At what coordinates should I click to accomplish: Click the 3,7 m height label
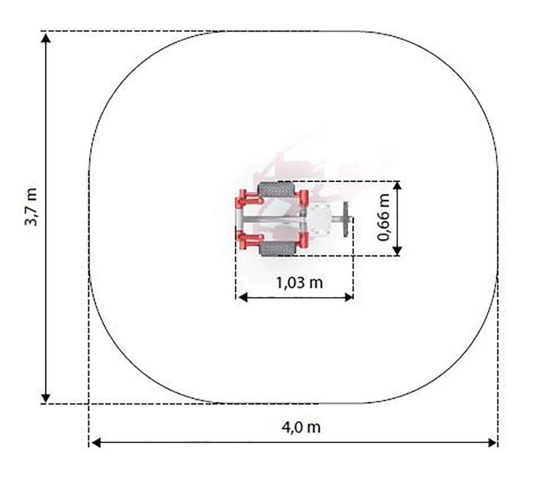coord(31,207)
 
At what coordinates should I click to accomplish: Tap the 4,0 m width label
coord(301,427)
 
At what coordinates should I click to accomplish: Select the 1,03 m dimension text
coord(300,283)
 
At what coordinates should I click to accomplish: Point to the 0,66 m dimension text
coord(383,217)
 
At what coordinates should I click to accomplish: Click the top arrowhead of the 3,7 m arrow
coord(45,36)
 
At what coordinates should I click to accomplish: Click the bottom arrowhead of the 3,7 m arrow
coord(45,398)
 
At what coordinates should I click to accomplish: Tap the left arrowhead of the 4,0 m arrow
coord(96,443)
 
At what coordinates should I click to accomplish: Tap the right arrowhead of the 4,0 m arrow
coord(492,443)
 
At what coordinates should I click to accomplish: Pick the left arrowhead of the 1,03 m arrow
coord(243,297)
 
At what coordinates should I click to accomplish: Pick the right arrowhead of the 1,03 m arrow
coord(349,297)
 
